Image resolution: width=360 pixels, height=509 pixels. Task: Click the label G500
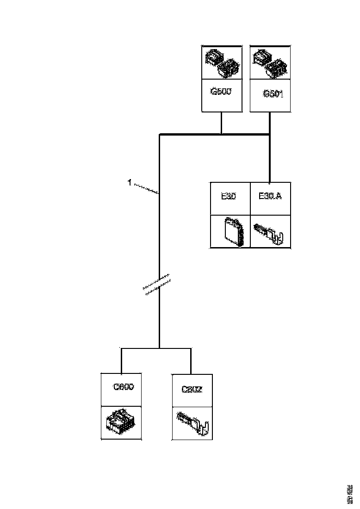pos(221,91)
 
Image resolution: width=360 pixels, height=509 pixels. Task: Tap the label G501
pos(273,94)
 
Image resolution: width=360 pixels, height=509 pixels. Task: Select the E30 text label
pos(228,196)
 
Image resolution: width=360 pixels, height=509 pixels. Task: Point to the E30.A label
pos(270,196)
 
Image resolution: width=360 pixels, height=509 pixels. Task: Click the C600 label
pos(124,387)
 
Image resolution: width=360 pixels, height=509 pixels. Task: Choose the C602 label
pos(192,390)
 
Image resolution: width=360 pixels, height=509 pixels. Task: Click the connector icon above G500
pos(222,62)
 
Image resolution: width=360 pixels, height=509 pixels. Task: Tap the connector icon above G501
pos(270,63)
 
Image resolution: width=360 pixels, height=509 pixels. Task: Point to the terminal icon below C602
pos(193,423)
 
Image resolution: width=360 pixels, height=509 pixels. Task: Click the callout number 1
pos(130,183)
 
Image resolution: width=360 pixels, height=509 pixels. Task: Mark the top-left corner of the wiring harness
pos(160,135)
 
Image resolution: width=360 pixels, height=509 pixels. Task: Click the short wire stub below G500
pos(221,123)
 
